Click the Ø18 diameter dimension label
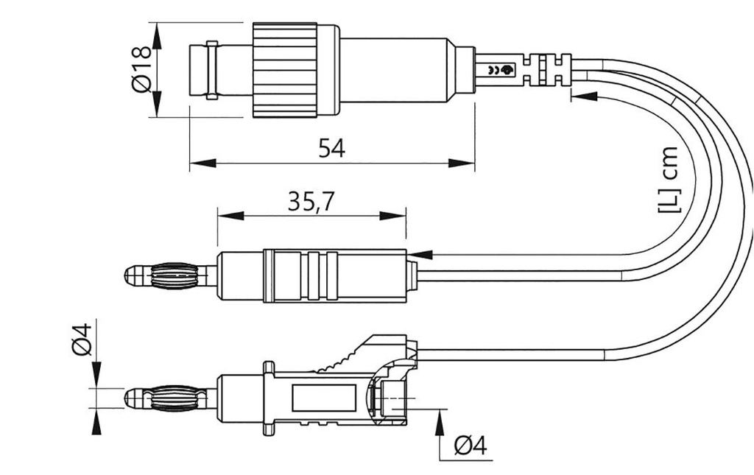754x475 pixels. click(x=141, y=70)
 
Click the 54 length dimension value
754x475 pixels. click(x=332, y=148)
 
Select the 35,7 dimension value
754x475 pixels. click(x=311, y=202)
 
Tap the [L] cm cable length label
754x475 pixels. click(x=667, y=180)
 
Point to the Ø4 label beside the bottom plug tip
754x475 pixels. click(x=82, y=339)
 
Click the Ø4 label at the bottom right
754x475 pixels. click(x=471, y=446)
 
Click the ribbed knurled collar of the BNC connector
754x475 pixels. click(x=285, y=70)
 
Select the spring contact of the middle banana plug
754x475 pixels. click(x=174, y=275)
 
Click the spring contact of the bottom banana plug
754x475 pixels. click(x=174, y=398)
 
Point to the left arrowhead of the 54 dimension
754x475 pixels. click(x=202, y=163)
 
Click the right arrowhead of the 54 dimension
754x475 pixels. click(x=462, y=163)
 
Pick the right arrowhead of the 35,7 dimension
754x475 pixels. click(x=393, y=216)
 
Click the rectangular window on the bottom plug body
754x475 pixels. click(x=324, y=398)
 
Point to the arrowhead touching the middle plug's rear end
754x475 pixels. click(x=419, y=254)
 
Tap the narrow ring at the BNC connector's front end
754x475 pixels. click(x=211, y=70)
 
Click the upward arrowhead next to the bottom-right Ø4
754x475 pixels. click(x=440, y=423)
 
